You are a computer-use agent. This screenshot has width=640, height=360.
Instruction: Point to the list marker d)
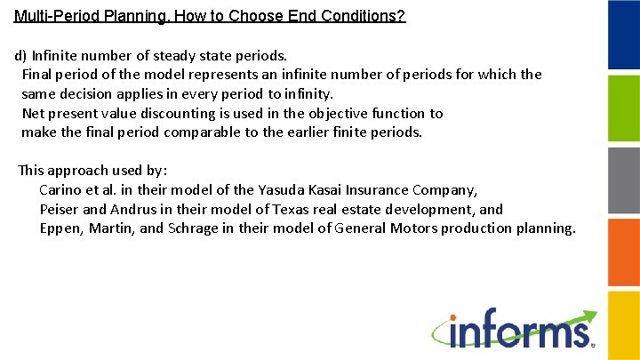(x=20, y=55)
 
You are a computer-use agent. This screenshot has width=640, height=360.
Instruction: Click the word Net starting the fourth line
(x=33, y=113)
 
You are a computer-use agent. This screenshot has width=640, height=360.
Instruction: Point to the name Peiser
(x=61, y=209)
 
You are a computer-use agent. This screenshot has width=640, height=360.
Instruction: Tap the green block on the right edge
(x=623, y=108)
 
